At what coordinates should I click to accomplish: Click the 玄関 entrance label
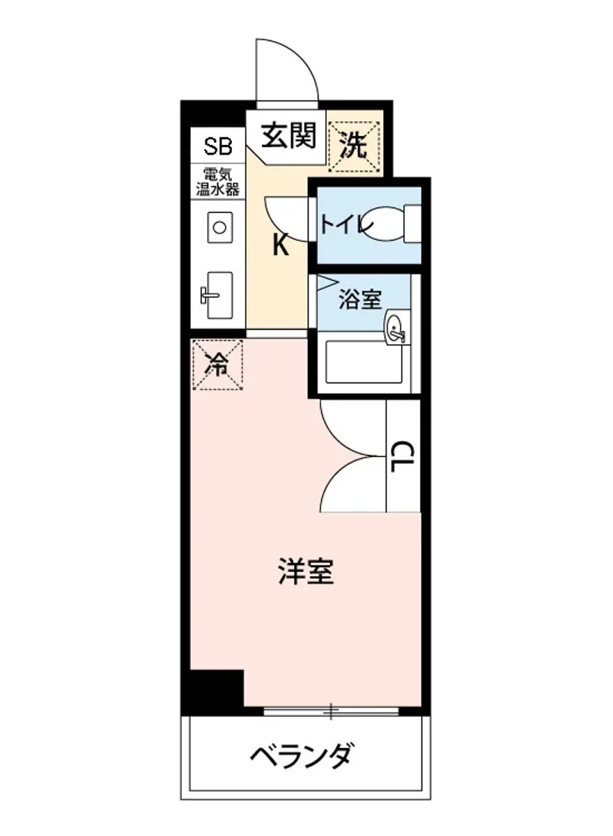(288, 135)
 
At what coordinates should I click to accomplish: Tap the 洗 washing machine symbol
(355, 144)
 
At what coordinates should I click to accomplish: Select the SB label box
(218, 146)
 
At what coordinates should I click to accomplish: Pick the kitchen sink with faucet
(219, 295)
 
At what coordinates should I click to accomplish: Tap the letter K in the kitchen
(280, 245)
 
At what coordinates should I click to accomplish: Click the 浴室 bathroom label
(359, 300)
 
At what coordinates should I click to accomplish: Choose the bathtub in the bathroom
(364, 361)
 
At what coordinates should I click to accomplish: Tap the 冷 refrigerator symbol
(218, 364)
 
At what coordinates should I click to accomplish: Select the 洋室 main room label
(306, 571)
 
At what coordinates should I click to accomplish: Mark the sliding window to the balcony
(332, 711)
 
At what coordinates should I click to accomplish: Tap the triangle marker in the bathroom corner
(325, 283)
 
